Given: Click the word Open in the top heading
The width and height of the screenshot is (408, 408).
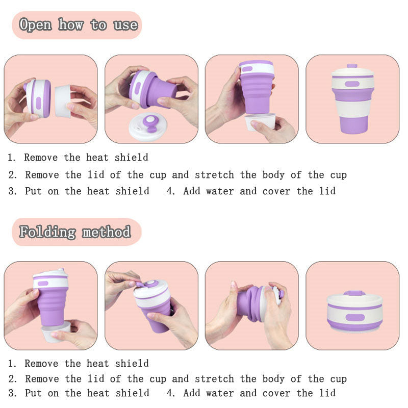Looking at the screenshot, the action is tap(35, 25).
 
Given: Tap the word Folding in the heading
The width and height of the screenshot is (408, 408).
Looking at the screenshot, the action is tap(47, 232).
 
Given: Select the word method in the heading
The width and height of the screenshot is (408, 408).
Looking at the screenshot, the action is tap(107, 232).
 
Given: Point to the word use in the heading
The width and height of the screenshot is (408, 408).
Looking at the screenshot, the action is tap(125, 25).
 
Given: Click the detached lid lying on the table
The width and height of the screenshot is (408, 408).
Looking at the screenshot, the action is tap(148, 126).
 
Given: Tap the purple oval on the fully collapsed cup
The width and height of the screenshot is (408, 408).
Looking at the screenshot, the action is tap(355, 317).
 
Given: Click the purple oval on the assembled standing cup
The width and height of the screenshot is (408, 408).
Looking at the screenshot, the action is tap(352, 84).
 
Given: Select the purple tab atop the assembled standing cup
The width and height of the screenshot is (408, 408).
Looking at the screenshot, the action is tap(352, 66).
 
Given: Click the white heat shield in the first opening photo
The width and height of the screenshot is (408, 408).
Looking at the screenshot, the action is tap(63, 101).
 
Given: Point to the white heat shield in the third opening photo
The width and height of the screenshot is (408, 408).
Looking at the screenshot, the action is tap(260, 121).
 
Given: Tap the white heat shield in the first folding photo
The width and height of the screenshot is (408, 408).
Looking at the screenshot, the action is tap(56, 333).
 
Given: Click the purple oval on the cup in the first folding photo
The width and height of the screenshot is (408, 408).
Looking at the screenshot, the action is tap(43, 284).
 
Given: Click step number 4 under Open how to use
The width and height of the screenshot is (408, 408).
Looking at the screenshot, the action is tap(170, 191).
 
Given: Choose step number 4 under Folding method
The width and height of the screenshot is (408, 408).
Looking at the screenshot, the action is tap(170, 393).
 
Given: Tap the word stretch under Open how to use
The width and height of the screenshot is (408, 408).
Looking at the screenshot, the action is tap(214, 174).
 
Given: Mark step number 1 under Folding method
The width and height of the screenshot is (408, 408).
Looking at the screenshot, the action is tap(11, 364).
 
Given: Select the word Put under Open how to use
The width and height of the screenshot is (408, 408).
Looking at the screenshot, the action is tap(33, 191).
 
